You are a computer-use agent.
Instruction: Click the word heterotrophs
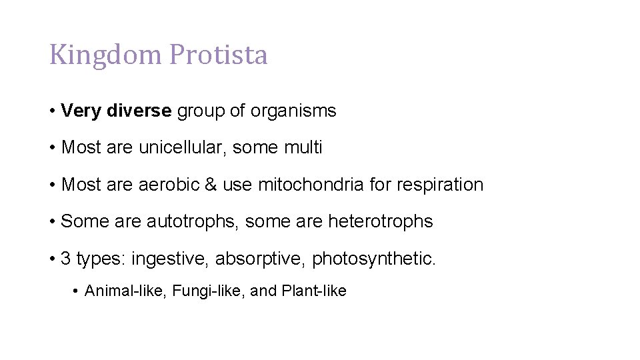tap(380, 221)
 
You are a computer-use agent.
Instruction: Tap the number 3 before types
tap(65, 259)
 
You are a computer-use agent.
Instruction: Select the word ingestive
tap(170, 259)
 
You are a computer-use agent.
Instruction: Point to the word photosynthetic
tap(373, 259)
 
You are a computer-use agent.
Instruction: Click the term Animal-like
tap(125, 291)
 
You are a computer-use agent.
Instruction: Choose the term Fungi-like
tap(207, 291)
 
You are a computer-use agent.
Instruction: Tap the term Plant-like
tap(314, 291)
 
